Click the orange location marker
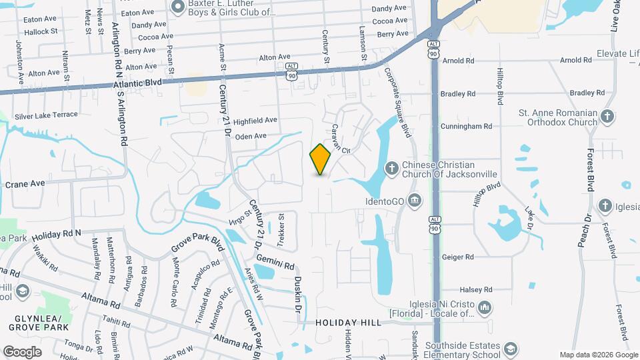[321, 159]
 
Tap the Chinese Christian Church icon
[391, 167]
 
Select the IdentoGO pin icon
[414, 200]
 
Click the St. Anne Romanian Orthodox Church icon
[607, 117]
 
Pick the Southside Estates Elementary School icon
[511, 349]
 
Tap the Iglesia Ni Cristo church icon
[485, 307]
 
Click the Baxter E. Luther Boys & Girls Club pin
[178, 7]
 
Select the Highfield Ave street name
[255, 120]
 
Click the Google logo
[22, 351]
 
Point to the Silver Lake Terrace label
[51, 115]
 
